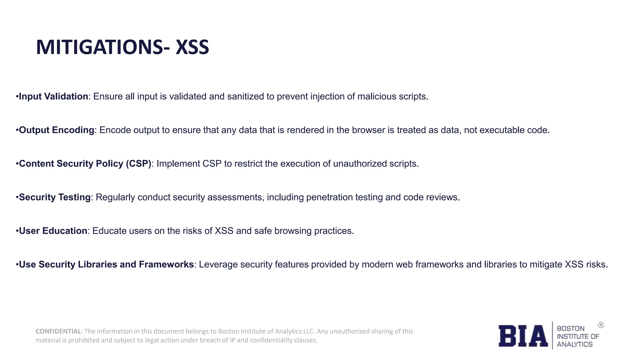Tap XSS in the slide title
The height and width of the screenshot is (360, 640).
pyautogui.click(x=192, y=47)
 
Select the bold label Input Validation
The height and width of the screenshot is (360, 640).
pyautogui.click(x=53, y=97)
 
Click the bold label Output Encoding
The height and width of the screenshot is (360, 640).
pyautogui.click(x=57, y=130)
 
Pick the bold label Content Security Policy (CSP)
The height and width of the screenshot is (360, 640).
pyautogui.click(x=85, y=164)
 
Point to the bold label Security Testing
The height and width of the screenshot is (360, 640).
pyautogui.click(x=55, y=197)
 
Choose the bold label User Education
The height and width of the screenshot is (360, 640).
pyautogui.click(x=53, y=231)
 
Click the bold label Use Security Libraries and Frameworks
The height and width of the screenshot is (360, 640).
pyautogui.click(x=106, y=264)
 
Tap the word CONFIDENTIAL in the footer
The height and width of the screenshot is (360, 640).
pyautogui.click(x=58, y=331)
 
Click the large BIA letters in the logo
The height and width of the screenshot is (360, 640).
pyautogui.click(x=523, y=336)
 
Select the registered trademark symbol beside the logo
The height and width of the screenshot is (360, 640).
pyautogui.click(x=601, y=325)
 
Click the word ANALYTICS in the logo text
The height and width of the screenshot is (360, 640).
pyautogui.click(x=574, y=344)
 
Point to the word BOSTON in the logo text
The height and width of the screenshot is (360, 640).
pyautogui.click(x=571, y=328)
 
